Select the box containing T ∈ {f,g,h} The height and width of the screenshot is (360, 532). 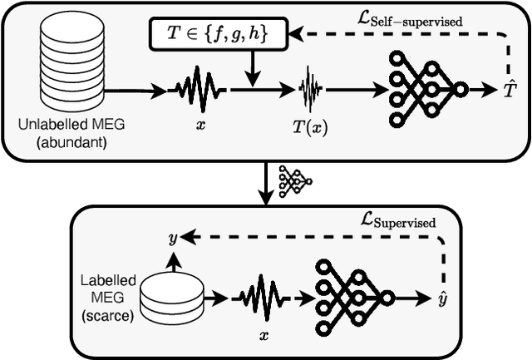pyautogui.click(x=218, y=35)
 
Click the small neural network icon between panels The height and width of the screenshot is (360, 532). pyautogui.click(x=294, y=175)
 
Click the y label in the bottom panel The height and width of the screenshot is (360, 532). pyautogui.click(x=172, y=238)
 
